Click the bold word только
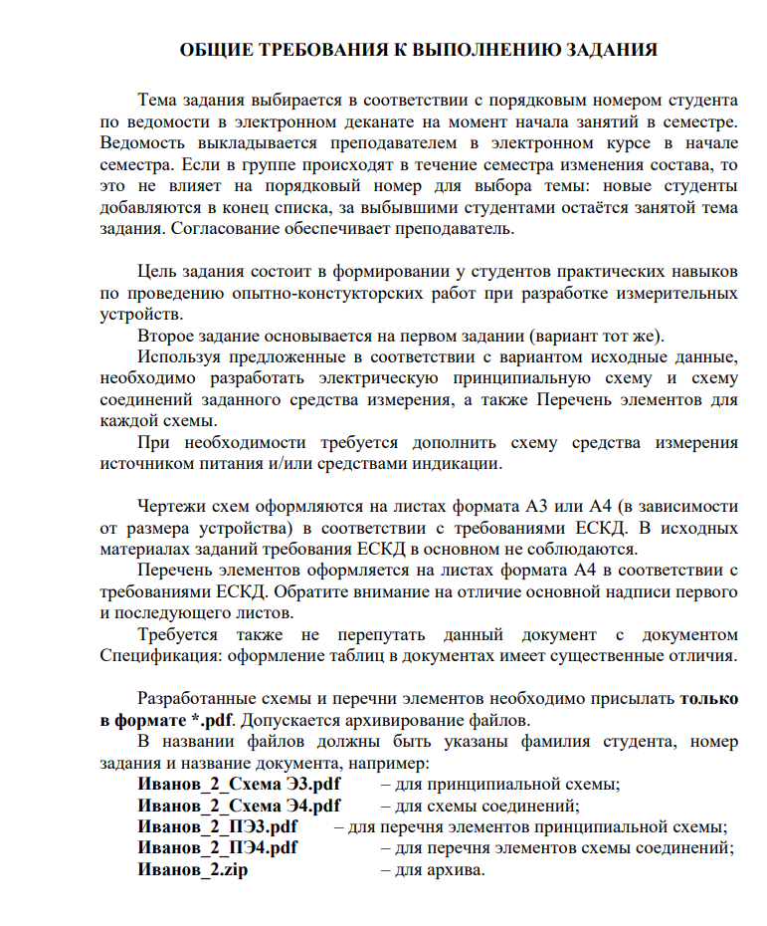[708, 698]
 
